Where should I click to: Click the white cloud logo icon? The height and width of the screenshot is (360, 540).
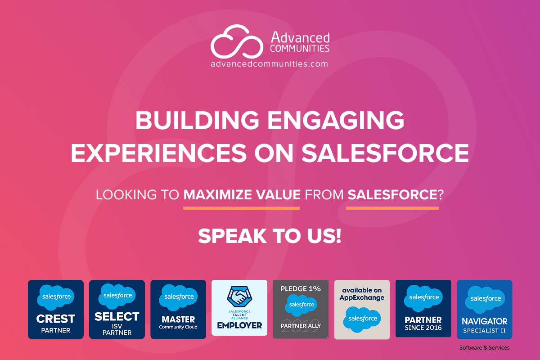[x=237, y=41]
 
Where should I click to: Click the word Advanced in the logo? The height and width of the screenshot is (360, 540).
[x=300, y=38]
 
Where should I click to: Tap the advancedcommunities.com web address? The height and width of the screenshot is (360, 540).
[x=269, y=64]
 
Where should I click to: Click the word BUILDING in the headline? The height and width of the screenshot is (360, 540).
[x=197, y=120]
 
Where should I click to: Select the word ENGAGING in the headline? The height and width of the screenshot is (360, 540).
[x=336, y=120]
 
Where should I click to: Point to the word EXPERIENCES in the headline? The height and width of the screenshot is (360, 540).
[x=158, y=153]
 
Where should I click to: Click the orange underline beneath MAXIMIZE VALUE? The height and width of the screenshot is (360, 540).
[x=241, y=208]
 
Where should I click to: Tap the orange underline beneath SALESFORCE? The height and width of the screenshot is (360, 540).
[x=392, y=208]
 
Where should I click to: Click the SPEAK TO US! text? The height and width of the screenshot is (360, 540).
[x=270, y=236]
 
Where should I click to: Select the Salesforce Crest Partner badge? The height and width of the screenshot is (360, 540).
[x=56, y=309]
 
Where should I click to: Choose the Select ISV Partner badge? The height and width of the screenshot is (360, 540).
[x=117, y=309]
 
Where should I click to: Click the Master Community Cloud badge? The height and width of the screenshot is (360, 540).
[x=178, y=309]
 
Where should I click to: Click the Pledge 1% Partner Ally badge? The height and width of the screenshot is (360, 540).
[x=301, y=309]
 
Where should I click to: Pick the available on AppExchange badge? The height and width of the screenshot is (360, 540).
[x=362, y=310]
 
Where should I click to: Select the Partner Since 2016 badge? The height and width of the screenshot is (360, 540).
[x=423, y=308]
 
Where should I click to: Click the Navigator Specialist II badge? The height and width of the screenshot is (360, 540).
[x=484, y=309]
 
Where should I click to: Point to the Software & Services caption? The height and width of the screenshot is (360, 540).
[x=484, y=347]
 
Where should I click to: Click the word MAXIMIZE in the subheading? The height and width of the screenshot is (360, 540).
[x=217, y=194]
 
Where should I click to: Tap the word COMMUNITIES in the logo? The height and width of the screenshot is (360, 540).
[x=300, y=49]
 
